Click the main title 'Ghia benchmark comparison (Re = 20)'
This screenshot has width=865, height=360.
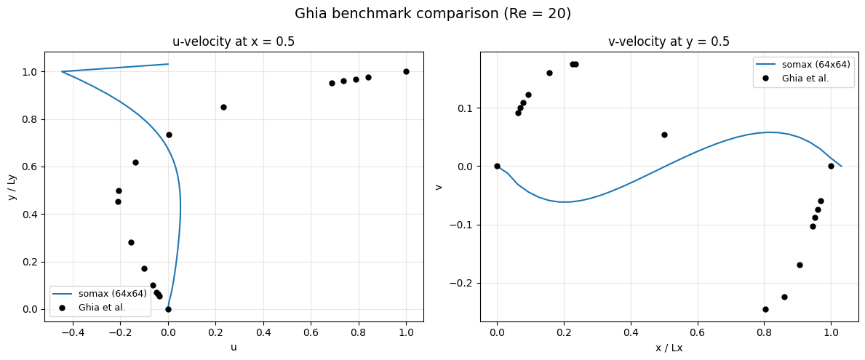(x=432, y=14)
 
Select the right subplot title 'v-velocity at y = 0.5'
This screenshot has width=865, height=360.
(x=670, y=41)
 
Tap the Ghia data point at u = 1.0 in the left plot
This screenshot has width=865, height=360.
(x=407, y=72)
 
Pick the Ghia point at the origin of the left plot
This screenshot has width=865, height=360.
(x=168, y=309)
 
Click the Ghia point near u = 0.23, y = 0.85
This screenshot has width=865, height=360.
(x=223, y=107)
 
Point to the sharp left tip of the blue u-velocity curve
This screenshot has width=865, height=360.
(x=61, y=72)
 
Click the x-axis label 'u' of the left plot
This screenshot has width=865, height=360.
(x=234, y=348)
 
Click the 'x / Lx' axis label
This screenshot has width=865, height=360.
(x=669, y=348)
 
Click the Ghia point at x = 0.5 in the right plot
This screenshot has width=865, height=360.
(x=664, y=135)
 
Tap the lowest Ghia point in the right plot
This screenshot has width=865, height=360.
(x=765, y=309)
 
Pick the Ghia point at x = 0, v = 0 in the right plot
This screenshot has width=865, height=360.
(x=497, y=166)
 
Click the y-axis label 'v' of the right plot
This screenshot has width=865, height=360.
(x=439, y=187)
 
